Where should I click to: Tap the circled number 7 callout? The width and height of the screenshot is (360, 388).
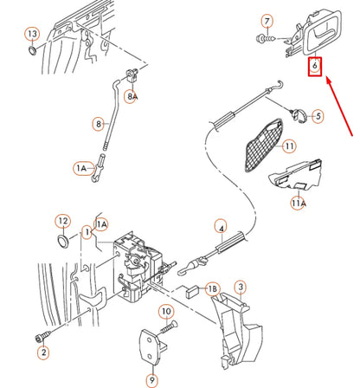click(x=267, y=21)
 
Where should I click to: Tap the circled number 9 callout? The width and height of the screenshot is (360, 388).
click(x=151, y=379)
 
